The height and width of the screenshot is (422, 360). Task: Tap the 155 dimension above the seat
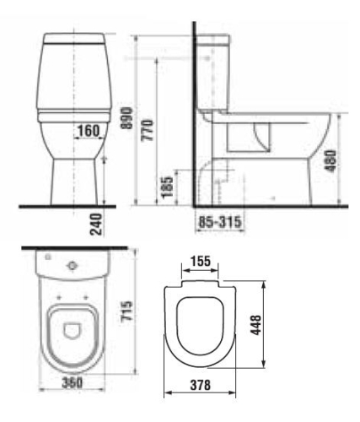[x=199, y=263]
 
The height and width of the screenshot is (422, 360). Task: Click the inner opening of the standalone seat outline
[x=199, y=325]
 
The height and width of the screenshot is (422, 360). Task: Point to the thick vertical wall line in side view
[x=194, y=118]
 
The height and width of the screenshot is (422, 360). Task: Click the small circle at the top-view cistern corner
[x=47, y=256]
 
